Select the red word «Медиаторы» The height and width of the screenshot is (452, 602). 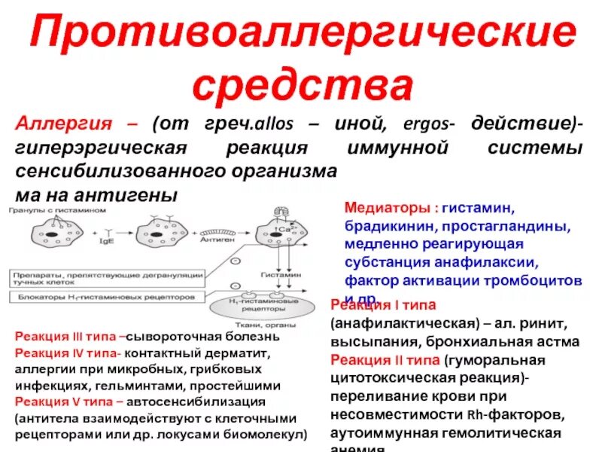[388, 207]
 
